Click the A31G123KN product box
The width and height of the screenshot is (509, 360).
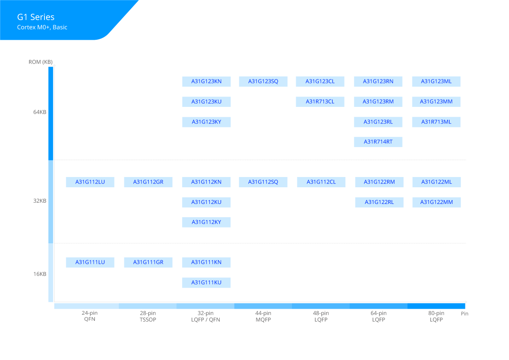click(x=206, y=82)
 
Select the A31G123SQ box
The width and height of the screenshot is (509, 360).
click(x=263, y=82)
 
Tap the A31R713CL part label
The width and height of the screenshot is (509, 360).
click(x=320, y=102)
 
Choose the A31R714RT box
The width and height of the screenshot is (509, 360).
click(x=378, y=142)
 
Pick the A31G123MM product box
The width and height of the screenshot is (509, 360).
click(x=436, y=102)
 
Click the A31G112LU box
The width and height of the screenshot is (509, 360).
click(x=90, y=182)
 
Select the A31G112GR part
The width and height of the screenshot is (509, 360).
click(x=148, y=182)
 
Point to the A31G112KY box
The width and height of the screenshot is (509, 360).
click(x=206, y=222)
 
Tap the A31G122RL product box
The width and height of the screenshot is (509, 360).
click(x=379, y=202)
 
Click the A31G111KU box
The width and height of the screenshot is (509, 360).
click(x=206, y=283)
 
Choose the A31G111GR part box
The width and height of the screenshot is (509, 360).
click(x=148, y=263)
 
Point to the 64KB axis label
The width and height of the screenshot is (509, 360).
click(x=40, y=112)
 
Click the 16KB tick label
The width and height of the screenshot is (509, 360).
click(x=40, y=274)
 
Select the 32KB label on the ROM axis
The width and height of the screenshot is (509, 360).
click(x=40, y=201)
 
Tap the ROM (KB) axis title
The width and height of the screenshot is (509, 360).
click(x=41, y=62)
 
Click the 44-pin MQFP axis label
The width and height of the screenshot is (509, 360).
click(x=263, y=316)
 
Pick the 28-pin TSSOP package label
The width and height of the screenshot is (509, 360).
click(x=148, y=316)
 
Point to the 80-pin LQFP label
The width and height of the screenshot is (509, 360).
click(x=436, y=316)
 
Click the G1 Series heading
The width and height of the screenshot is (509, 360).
click(x=36, y=18)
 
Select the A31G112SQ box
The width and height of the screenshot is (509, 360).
click(x=263, y=182)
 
